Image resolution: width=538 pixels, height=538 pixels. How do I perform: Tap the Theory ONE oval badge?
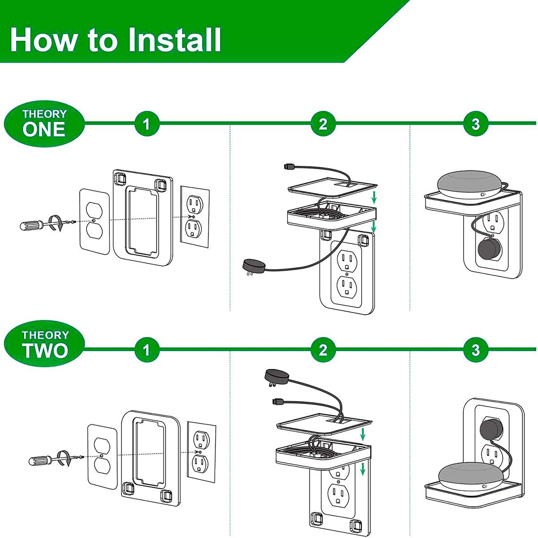(x=44, y=123)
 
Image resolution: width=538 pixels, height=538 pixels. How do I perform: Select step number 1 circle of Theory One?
(x=147, y=123)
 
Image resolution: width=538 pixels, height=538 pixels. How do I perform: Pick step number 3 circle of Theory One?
(x=476, y=123)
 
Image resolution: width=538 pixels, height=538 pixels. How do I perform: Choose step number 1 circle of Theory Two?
(x=147, y=350)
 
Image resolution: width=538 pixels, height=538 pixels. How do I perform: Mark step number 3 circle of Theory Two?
(x=476, y=350)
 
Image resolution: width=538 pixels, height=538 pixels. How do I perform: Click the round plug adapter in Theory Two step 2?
(x=276, y=375)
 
